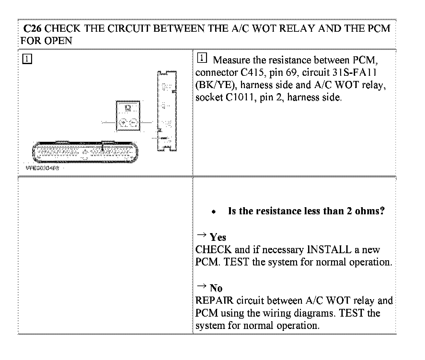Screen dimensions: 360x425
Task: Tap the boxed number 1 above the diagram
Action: click(x=27, y=59)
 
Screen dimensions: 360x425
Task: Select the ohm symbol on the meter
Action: click(x=128, y=108)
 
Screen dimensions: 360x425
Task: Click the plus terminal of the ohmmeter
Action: click(x=123, y=122)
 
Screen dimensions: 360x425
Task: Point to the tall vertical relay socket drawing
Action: click(x=167, y=111)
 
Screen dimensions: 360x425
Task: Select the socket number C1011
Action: click(x=239, y=97)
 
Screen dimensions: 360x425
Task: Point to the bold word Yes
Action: click(x=218, y=237)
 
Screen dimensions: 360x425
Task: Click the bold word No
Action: click(x=216, y=288)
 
